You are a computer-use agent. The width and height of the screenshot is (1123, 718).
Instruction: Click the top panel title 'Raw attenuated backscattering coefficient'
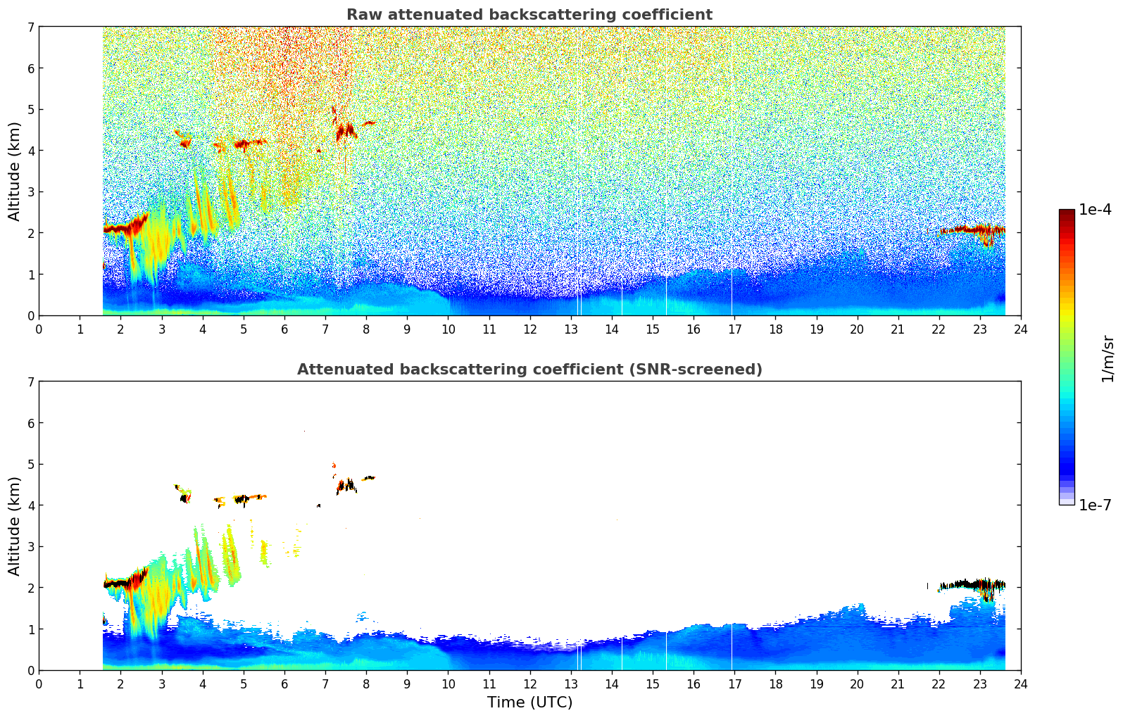pyautogui.click(x=529, y=15)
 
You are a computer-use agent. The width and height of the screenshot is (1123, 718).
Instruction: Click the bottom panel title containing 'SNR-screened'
pyautogui.click(x=529, y=370)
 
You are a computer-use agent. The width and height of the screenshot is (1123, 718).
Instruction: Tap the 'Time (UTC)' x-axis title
pyautogui.click(x=529, y=703)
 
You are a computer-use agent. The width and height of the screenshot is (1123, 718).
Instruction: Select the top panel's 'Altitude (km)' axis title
pyautogui.click(x=15, y=171)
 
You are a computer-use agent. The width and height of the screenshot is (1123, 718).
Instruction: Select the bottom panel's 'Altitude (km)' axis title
pyautogui.click(x=15, y=526)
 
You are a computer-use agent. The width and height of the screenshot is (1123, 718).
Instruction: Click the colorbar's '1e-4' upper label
pyautogui.click(x=1095, y=210)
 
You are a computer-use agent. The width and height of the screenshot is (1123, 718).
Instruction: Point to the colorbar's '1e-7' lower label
pyautogui.click(x=1095, y=505)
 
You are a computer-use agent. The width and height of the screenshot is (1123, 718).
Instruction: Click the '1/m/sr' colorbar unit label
pyautogui.click(x=1108, y=358)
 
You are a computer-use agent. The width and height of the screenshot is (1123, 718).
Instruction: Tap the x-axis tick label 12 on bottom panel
pyautogui.click(x=529, y=684)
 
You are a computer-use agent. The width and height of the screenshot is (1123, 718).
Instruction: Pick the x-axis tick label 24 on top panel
pyautogui.click(x=1020, y=329)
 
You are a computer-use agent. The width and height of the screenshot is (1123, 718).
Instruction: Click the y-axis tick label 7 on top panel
pyautogui.click(x=30, y=27)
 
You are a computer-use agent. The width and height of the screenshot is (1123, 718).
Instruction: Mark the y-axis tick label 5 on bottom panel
pyautogui.click(x=30, y=464)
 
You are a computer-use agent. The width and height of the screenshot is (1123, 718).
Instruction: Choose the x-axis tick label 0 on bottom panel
pyautogui.click(x=39, y=684)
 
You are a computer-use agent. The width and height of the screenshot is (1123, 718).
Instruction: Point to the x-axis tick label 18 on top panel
pyautogui.click(x=775, y=329)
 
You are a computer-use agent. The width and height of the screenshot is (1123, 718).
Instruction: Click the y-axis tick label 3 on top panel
pyautogui.click(x=30, y=192)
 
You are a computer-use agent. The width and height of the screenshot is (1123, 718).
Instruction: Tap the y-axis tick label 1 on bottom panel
pyautogui.click(x=30, y=629)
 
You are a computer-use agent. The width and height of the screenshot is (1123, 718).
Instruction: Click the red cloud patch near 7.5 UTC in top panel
pyautogui.click(x=346, y=131)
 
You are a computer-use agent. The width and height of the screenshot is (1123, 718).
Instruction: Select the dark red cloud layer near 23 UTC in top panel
pyautogui.click(x=979, y=229)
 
